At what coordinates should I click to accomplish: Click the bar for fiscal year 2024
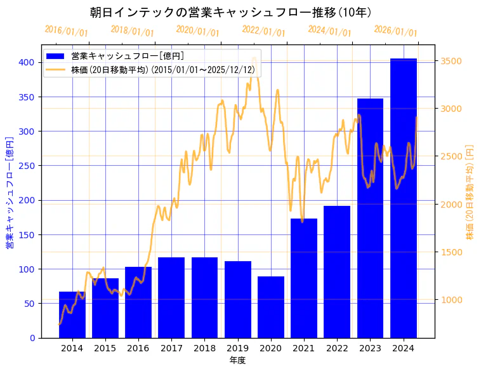[x=404, y=198]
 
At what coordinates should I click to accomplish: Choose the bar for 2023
[x=370, y=218]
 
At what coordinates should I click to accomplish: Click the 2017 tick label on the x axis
[x=171, y=347]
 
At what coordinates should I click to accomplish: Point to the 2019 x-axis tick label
[x=238, y=347]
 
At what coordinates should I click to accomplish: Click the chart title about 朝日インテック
[x=230, y=13]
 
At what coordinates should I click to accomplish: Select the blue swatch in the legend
[x=56, y=56]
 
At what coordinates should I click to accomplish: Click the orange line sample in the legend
[x=56, y=69]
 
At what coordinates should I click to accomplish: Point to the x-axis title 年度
[x=238, y=360]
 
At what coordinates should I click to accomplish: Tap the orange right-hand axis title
[x=470, y=191]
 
